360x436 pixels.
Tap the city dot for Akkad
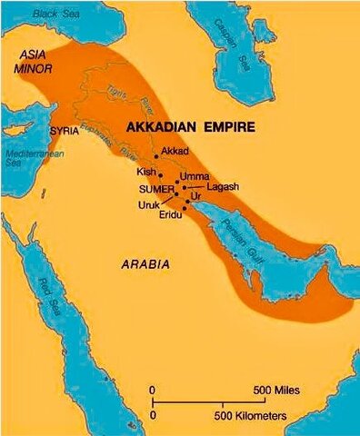[x=157, y=157]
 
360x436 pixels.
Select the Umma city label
[x=195, y=175]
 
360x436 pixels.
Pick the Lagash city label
[x=222, y=187]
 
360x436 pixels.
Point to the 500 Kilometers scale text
[x=250, y=415]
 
